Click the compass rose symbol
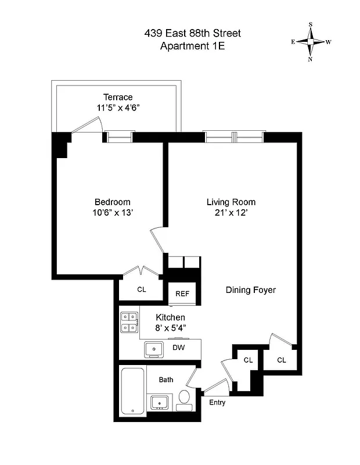(311, 41)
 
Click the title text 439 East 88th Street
(192, 34)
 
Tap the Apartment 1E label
(192, 46)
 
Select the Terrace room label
(118, 97)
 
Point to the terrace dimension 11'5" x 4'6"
(118, 108)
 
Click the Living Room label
(231, 202)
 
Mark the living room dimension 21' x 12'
(231, 213)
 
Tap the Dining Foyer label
(250, 290)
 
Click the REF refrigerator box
(182, 294)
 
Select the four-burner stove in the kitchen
(129, 322)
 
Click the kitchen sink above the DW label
(154, 349)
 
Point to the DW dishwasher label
(178, 348)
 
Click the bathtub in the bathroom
(133, 392)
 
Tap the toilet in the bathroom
(184, 399)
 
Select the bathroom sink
(159, 402)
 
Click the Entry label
(217, 402)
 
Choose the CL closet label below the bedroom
(141, 289)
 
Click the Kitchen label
(171, 317)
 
